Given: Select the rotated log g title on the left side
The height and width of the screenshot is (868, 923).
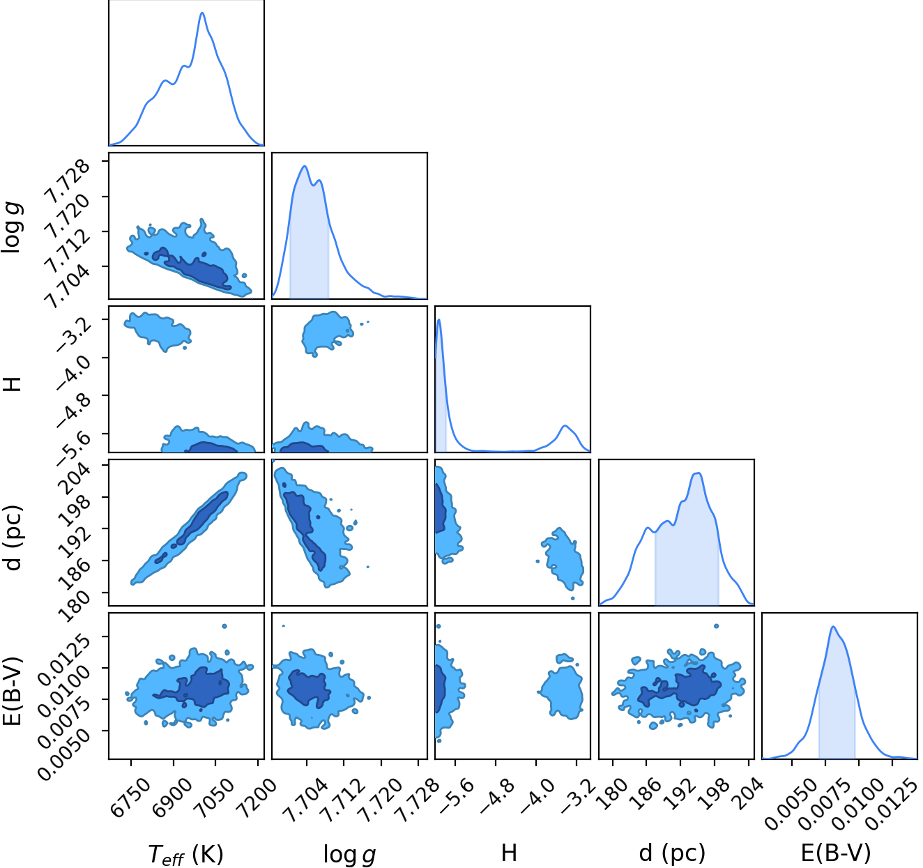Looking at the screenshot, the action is pos(12,227).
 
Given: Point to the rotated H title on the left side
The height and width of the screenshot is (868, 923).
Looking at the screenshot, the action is pos(13,384).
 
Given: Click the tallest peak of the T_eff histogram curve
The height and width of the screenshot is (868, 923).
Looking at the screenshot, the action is pos(202,13).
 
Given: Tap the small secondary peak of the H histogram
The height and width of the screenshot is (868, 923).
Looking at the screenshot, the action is pos(565,426).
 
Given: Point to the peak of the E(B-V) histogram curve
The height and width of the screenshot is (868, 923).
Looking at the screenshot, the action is pos(833,627).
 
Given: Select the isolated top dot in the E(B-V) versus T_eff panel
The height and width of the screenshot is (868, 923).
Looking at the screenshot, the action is pos(224,626).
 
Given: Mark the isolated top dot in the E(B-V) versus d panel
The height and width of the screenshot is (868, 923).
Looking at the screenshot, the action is pos(716,626).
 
